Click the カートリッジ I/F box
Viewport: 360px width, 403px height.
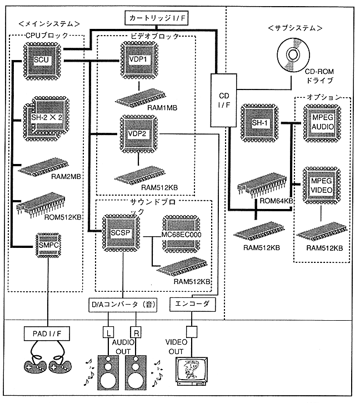coord(158,18)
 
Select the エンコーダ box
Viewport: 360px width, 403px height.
coord(192,304)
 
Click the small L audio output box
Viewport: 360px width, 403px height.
coord(107,333)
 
